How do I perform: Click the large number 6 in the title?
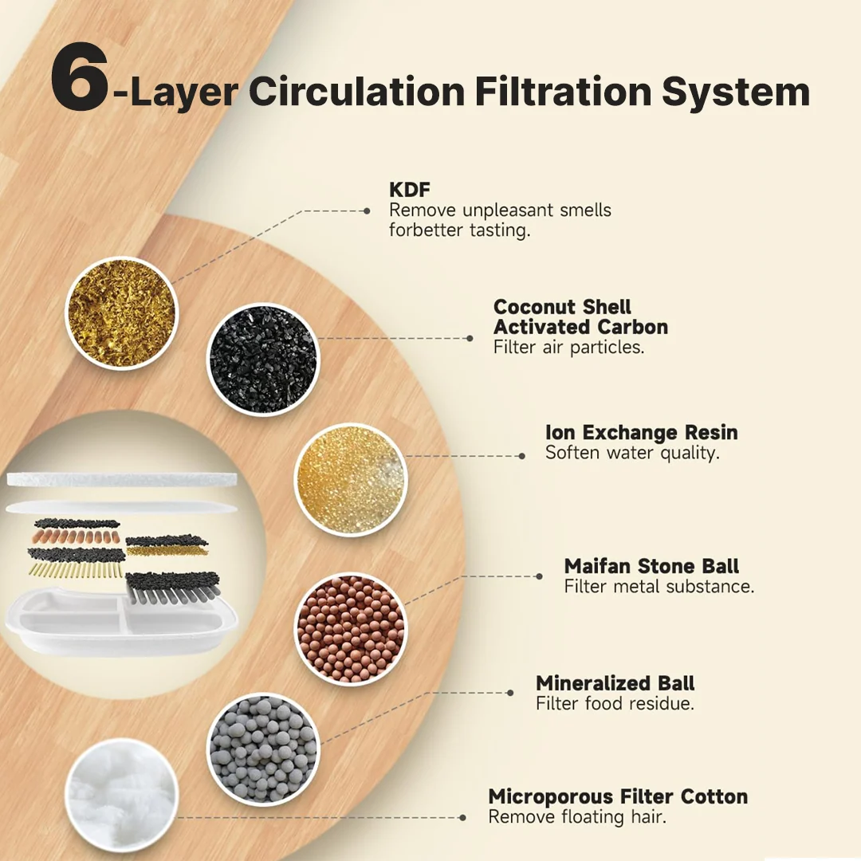click(x=80, y=77)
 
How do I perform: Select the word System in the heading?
click(x=736, y=93)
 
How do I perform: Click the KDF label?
click(x=410, y=190)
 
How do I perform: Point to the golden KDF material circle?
click(x=121, y=313)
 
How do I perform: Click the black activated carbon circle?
click(x=263, y=359)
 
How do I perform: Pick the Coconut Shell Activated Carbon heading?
click(x=580, y=316)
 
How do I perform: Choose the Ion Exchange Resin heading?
click(x=641, y=432)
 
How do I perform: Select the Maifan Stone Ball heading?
click(x=651, y=565)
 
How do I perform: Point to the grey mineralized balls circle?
click(x=263, y=749)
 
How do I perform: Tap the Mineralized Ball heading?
click(x=615, y=682)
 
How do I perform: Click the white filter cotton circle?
click(x=121, y=795)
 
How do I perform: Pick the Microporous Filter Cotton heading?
click(x=618, y=796)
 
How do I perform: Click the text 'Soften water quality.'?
click(x=632, y=453)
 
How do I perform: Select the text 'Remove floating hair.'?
click(x=577, y=817)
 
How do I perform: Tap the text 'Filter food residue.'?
click(x=615, y=703)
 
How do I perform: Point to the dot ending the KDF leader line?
click(x=367, y=210)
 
